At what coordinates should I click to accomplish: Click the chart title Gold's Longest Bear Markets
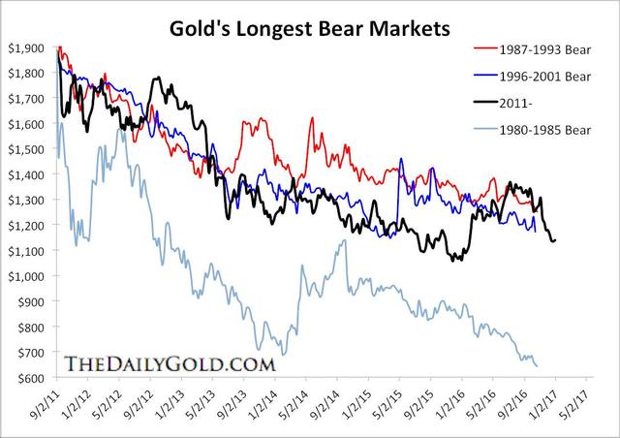pos(310,28)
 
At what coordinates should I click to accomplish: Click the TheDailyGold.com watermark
pos(170,364)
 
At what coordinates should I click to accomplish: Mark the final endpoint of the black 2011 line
pos(555,240)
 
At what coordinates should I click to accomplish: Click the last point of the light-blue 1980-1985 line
pos(537,366)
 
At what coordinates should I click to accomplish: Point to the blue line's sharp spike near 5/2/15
pos(401,159)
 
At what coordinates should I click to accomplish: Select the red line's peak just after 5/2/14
pos(312,118)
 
